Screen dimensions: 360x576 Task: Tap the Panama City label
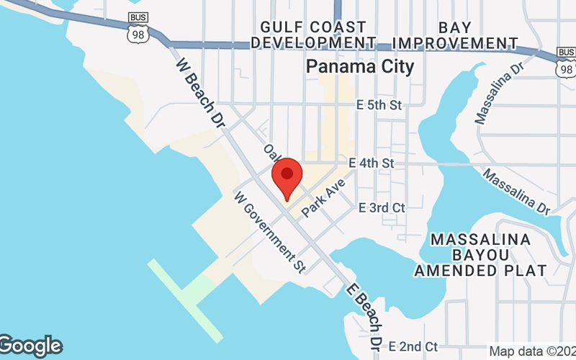pos(360,67)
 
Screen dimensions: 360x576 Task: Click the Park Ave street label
pos(325,198)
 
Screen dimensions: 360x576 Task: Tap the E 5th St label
pos(379,105)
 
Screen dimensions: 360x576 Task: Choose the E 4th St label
pos(371,164)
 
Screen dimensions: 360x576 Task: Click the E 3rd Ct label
pos(382,207)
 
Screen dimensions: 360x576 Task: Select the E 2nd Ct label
pos(413,346)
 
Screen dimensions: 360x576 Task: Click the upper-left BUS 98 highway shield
pos(137,27)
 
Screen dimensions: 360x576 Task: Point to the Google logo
pos(30,346)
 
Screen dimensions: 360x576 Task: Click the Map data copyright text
pos(531,351)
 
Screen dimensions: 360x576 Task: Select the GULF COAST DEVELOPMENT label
pos(318,35)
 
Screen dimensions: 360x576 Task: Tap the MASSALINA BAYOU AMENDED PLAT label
pos(480,255)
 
